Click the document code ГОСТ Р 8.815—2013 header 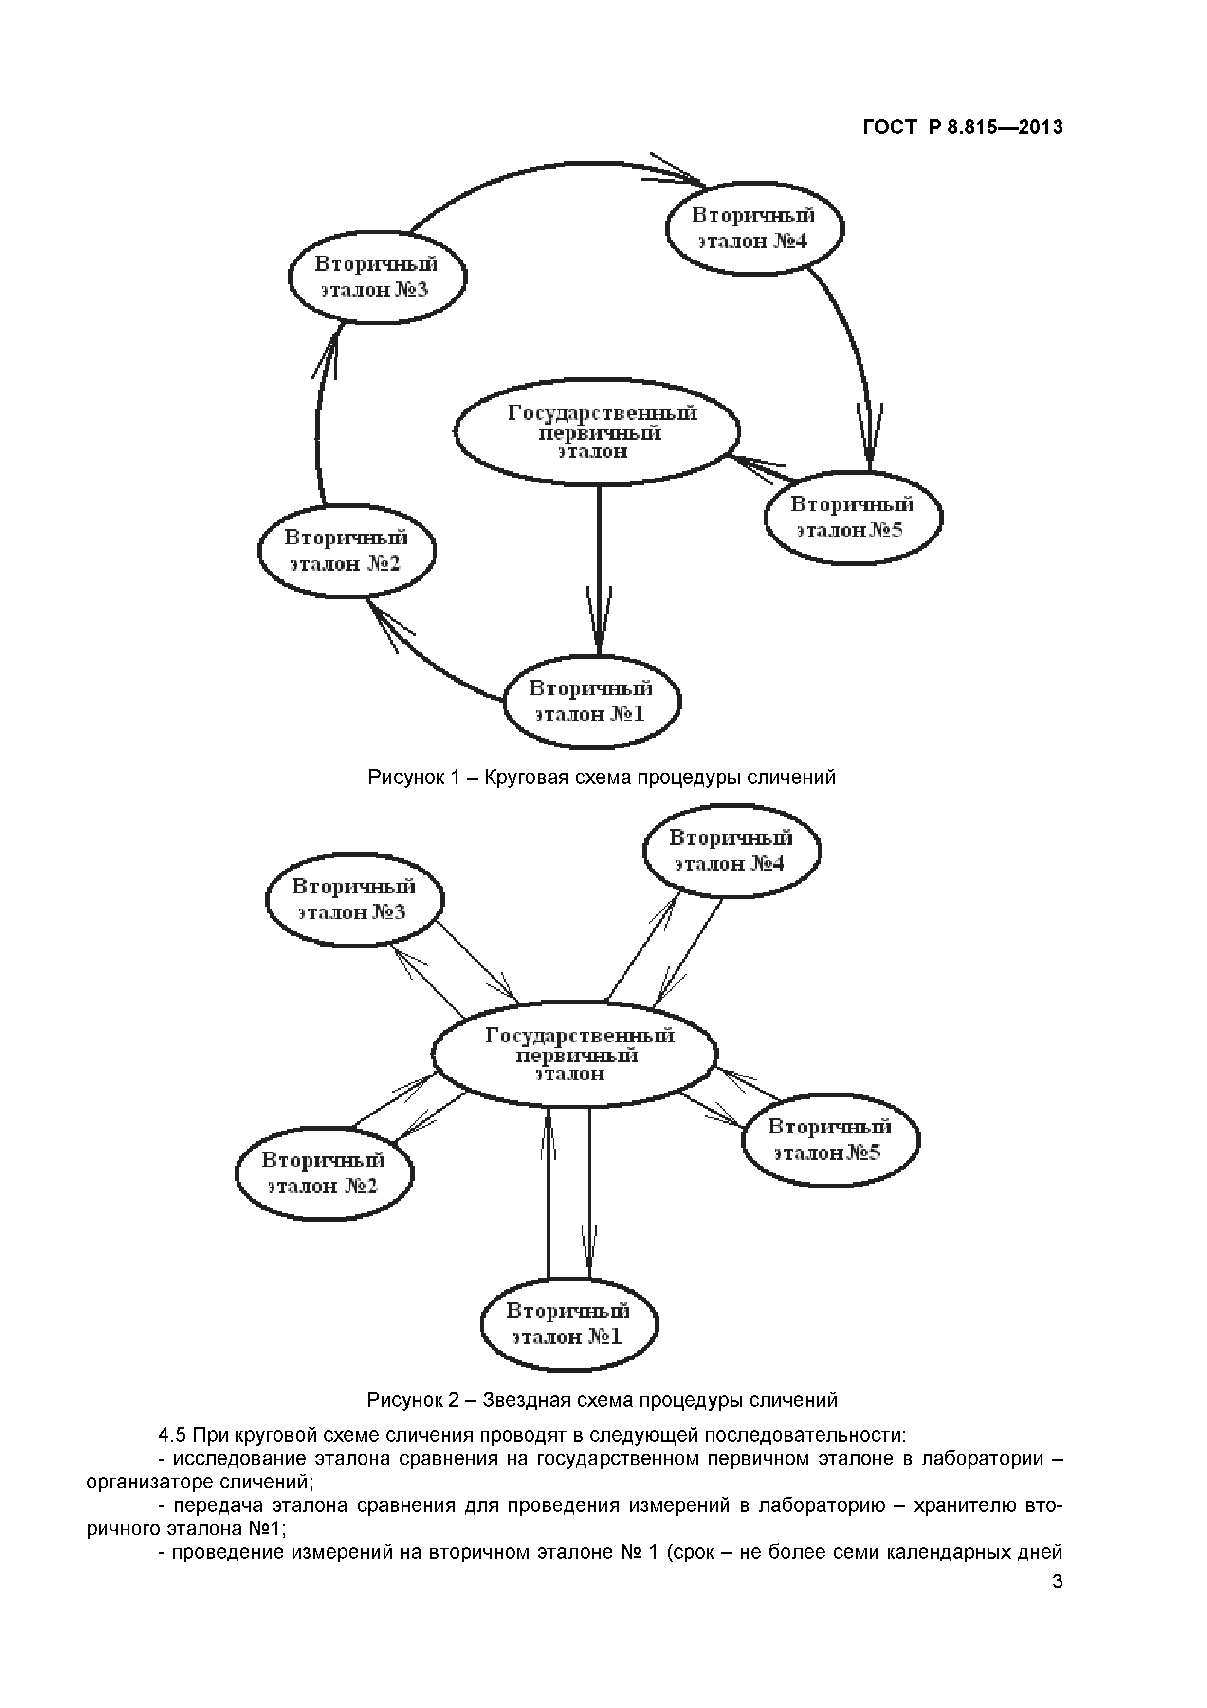coord(962,128)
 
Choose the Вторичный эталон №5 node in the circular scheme coord(853,518)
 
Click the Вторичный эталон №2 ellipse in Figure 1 coord(347,551)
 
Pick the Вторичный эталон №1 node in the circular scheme coord(592,701)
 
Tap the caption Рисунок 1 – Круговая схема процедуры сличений coord(602,778)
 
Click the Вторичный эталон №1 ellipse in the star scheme coord(569,1324)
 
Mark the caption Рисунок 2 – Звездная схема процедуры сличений coord(602,1400)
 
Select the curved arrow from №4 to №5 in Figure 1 coord(848,342)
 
